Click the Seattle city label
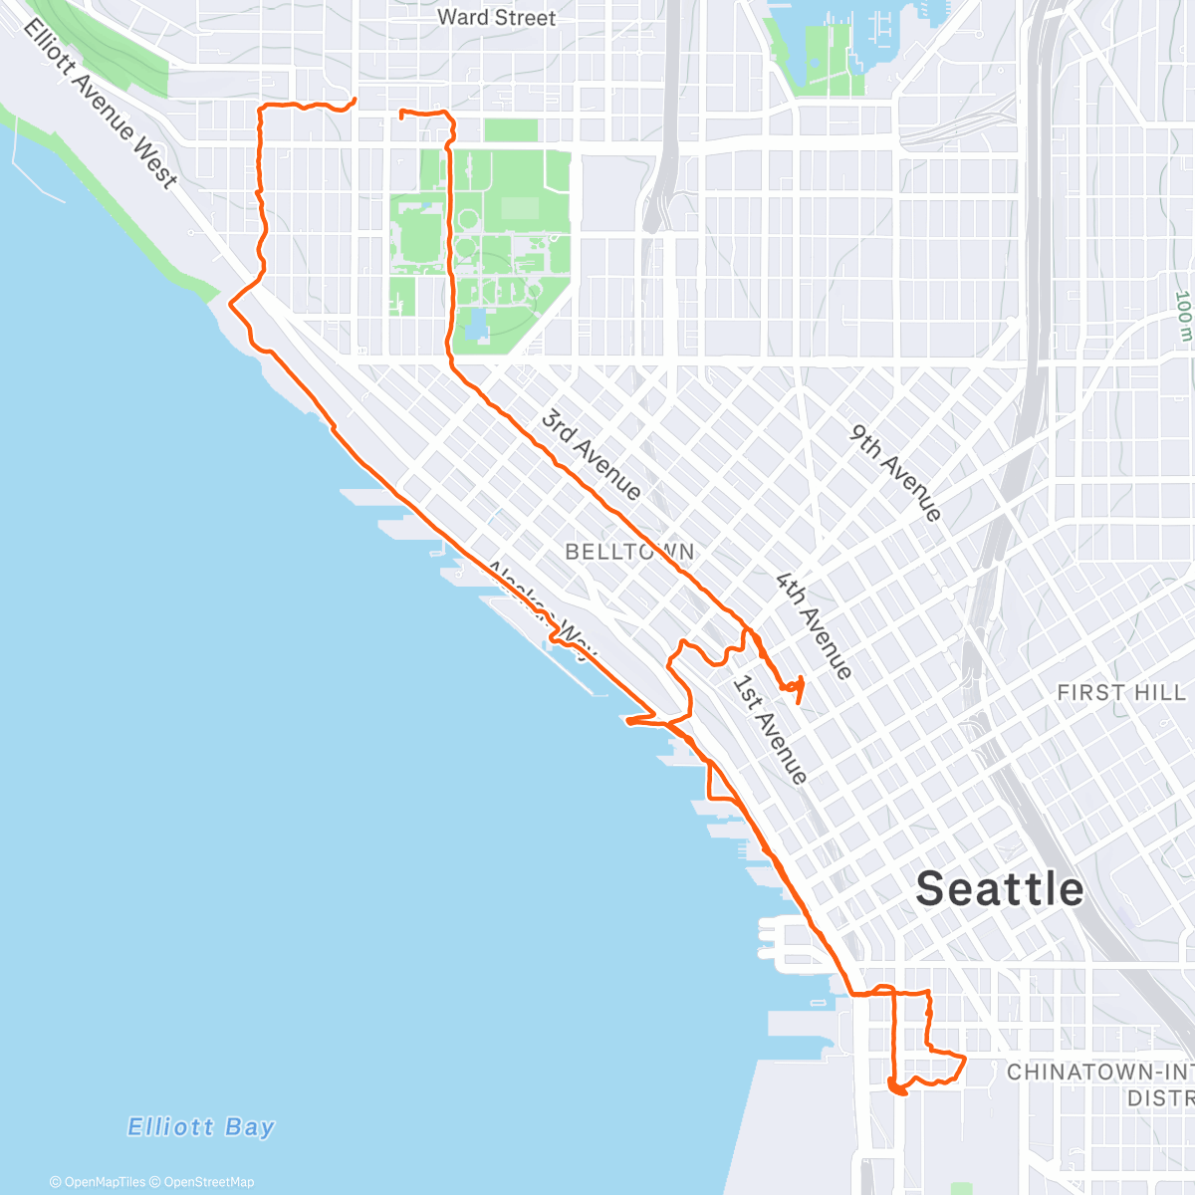coord(999,888)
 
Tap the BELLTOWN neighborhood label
coord(629,552)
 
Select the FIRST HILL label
coord(1120,692)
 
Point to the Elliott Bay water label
coord(201,1127)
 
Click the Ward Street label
coord(496,17)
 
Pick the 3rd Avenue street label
coord(591,454)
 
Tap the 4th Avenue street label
coord(815,625)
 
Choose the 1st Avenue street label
coord(769,730)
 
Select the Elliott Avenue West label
coord(101,103)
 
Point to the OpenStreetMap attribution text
coord(209,1182)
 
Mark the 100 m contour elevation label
coord(1183,316)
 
